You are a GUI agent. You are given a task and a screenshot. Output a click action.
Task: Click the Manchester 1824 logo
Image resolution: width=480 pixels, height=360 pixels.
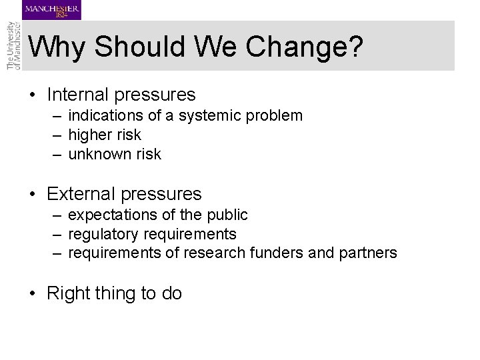[x=51, y=10]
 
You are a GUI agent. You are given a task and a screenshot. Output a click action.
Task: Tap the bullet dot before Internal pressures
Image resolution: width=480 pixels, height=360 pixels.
[x=32, y=95]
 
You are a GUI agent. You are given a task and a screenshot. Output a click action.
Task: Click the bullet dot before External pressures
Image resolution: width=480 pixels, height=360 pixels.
[x=32, y=195]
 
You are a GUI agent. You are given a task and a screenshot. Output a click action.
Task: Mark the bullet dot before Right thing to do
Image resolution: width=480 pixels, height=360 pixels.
[x=32, y=294]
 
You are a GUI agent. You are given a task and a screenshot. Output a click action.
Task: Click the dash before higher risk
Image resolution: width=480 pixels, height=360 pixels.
[x=59, y=135]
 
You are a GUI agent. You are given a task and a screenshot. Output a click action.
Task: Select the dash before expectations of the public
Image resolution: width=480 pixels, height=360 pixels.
[x=59, y=215]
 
